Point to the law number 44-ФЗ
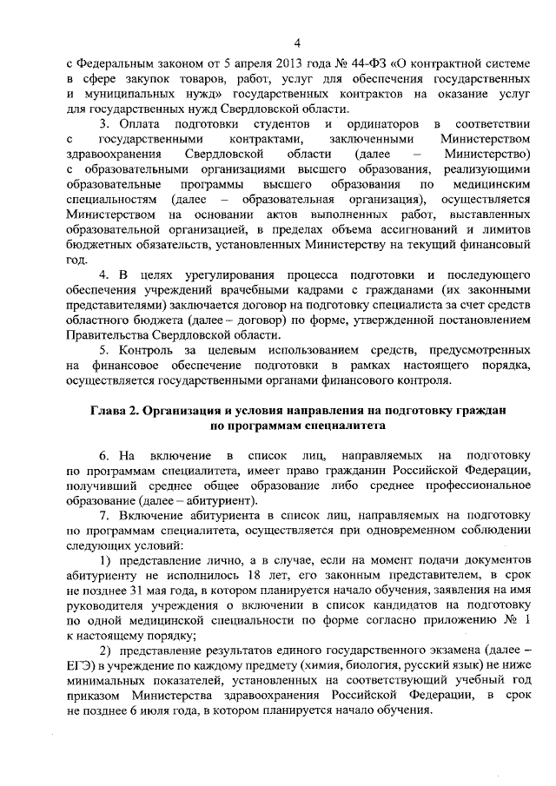(x=364, y=64)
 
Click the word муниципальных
(x=130, y=94)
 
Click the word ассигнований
(x=386, y=229)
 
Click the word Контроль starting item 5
(x=142, y=351)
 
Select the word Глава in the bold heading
(x=110, y=411)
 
